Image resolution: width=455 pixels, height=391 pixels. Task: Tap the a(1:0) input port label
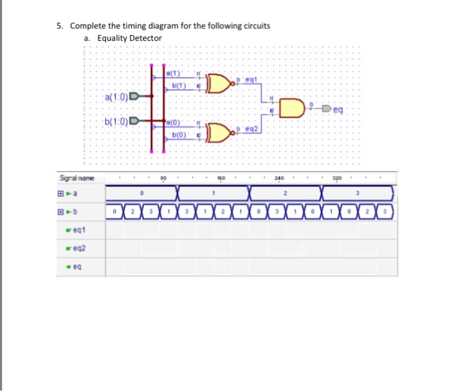[x=116, y=97]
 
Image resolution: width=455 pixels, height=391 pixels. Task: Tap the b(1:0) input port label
[x=116, y=120]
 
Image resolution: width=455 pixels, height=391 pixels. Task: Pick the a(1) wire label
[x=174, y=72]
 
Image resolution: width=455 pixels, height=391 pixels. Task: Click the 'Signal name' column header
[x=77, y=177]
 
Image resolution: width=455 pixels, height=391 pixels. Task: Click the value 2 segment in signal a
[x=285, y=193]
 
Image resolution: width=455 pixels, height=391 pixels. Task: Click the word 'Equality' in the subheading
[x=112, y=38]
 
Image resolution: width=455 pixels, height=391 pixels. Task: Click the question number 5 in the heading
[x=58, y=26]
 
